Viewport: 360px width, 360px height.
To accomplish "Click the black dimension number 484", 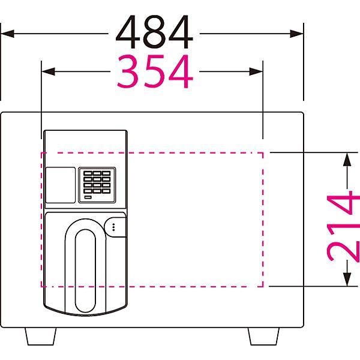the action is (x=154, y=32).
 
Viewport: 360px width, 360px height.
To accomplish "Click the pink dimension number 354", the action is (x=155, y=71).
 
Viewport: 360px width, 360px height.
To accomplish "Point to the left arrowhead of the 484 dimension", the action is (x=7, y=34).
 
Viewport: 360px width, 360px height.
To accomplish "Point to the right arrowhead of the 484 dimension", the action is (x=296, y=34).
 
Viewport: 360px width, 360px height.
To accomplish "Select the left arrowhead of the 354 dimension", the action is (x=48, y=71).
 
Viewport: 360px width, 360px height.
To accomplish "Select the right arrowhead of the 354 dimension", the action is (x=256, y=71).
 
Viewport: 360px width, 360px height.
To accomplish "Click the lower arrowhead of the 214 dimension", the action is (x=347, y=280).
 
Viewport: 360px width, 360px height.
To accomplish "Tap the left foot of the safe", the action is (x=41, y=336).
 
